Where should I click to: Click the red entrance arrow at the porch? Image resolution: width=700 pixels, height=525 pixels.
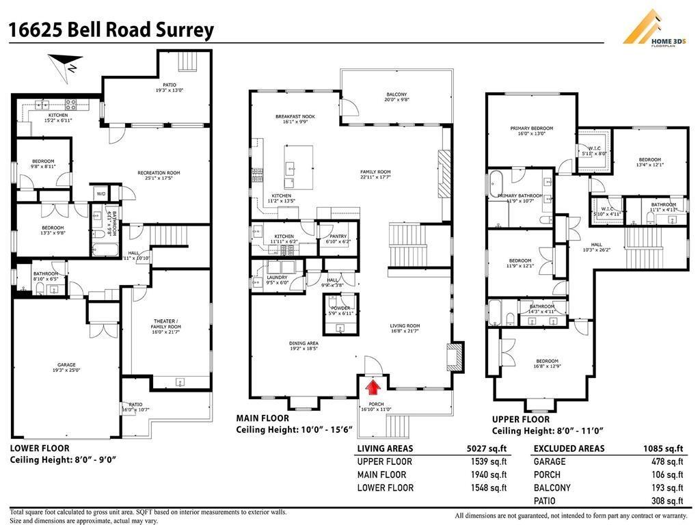click(373, 388)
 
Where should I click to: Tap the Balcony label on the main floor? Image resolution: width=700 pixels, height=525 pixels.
click(396, 98)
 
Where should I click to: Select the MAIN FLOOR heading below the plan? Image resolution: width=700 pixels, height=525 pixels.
click(262, 418)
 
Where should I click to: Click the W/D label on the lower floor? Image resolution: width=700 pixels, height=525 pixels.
click(100, 193)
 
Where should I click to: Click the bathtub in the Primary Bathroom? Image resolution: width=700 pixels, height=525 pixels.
click(496, 185)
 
